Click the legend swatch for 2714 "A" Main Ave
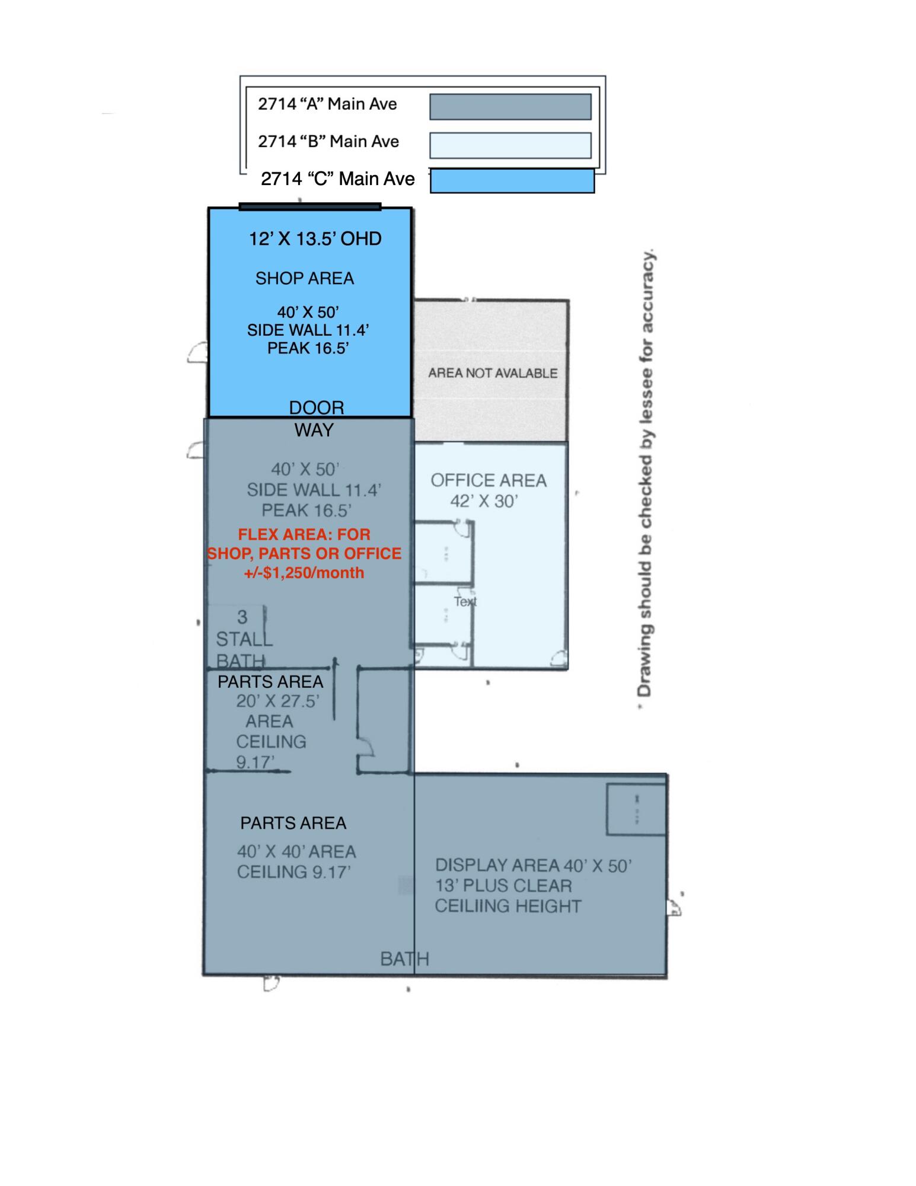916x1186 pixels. [510, 107]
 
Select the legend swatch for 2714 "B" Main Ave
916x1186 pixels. [510, 145]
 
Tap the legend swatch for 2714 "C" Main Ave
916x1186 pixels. [512, 181]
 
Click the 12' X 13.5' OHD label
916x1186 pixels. [315, 239]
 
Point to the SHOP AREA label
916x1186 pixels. [304, 278]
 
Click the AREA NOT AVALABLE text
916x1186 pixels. [493, 373]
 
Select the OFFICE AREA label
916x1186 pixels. [489, 480]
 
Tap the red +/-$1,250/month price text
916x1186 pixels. [304, 573]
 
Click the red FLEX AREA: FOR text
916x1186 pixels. [304, 534]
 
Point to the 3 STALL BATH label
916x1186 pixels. [242, 639]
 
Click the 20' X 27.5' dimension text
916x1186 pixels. [277, 701]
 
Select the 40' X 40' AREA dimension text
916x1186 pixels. [296, 852]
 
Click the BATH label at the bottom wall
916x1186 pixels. [404, 959]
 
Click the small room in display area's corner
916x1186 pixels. [636, 809]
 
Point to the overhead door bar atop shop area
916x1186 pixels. [309, 206]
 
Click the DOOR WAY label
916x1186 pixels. [315, 419]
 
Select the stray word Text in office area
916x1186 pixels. [465, 601]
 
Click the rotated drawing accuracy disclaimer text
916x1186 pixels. [646, 474]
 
